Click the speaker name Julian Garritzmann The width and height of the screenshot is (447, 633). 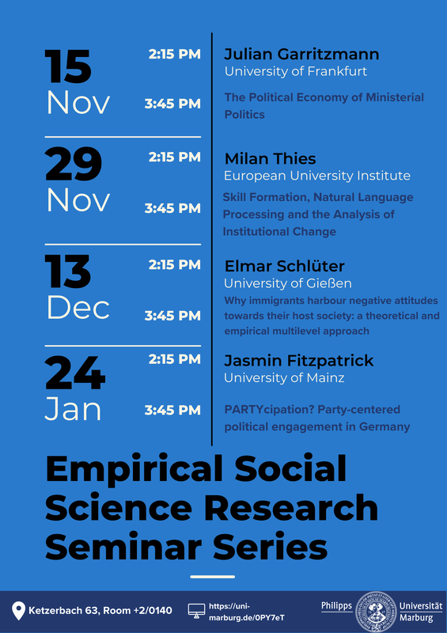tap(301, 54)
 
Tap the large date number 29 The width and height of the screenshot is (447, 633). tap(74, 165)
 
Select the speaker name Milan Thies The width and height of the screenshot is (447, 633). tap(270, 159)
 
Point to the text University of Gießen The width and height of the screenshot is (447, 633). tap(288, 283)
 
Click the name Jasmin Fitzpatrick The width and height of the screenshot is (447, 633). tap(299, 361)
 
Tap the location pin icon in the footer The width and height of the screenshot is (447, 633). tap(18, 611)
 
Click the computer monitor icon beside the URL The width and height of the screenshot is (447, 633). tap(197, 610)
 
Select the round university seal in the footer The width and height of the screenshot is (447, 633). tap(376, 612)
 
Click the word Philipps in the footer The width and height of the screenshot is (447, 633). tap(336, 606)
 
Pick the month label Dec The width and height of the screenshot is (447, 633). tap(78, 309)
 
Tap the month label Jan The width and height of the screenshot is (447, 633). tap(73, 410)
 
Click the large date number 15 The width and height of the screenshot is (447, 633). tap(68, 66)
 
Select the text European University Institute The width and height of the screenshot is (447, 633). tap(317, 176)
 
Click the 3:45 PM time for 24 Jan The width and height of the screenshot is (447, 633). tap(172, 410)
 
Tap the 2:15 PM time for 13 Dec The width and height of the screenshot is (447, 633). tap(174, 265)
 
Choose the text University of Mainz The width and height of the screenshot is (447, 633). tap(284, 378)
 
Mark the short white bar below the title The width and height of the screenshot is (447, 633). tap(212, 577)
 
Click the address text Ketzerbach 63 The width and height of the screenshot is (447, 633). tap(64, 610)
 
